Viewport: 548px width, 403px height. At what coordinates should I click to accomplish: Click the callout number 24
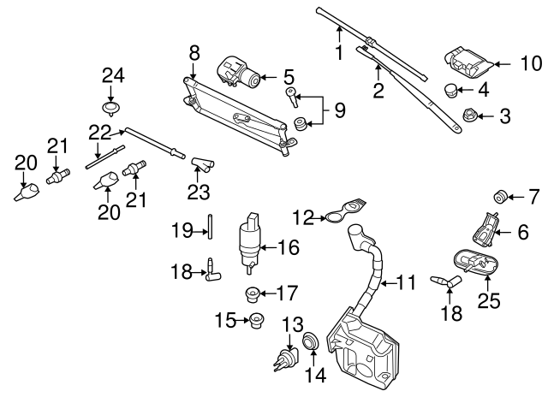point(113,75)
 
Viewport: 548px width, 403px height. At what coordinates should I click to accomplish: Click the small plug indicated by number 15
point(253,322)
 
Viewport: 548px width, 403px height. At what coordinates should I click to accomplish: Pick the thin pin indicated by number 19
point(208,228)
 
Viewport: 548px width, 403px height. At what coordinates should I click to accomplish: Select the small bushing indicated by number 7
point(502,198)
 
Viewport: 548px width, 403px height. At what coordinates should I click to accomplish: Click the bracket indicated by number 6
point(485,227)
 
